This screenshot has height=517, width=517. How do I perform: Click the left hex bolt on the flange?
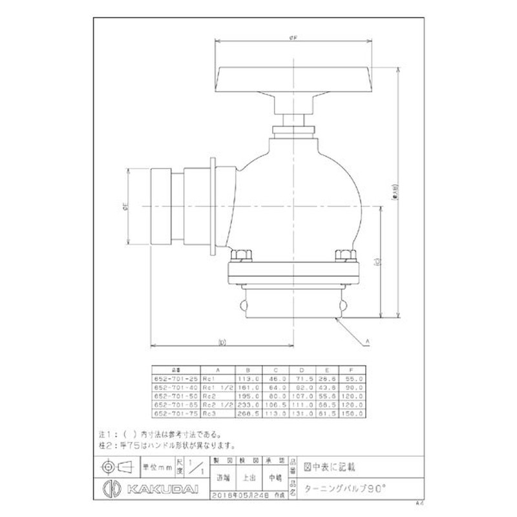[x=242, y=256]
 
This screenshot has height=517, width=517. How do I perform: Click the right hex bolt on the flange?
[x=344, y=256]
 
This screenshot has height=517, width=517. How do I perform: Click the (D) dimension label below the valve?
[x=222, y=341]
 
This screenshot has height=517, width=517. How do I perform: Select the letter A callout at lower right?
[x=368, y=340]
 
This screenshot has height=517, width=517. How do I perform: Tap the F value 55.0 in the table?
[x=357, y=379]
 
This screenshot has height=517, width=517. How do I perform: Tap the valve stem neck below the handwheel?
[x=296, y=120]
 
